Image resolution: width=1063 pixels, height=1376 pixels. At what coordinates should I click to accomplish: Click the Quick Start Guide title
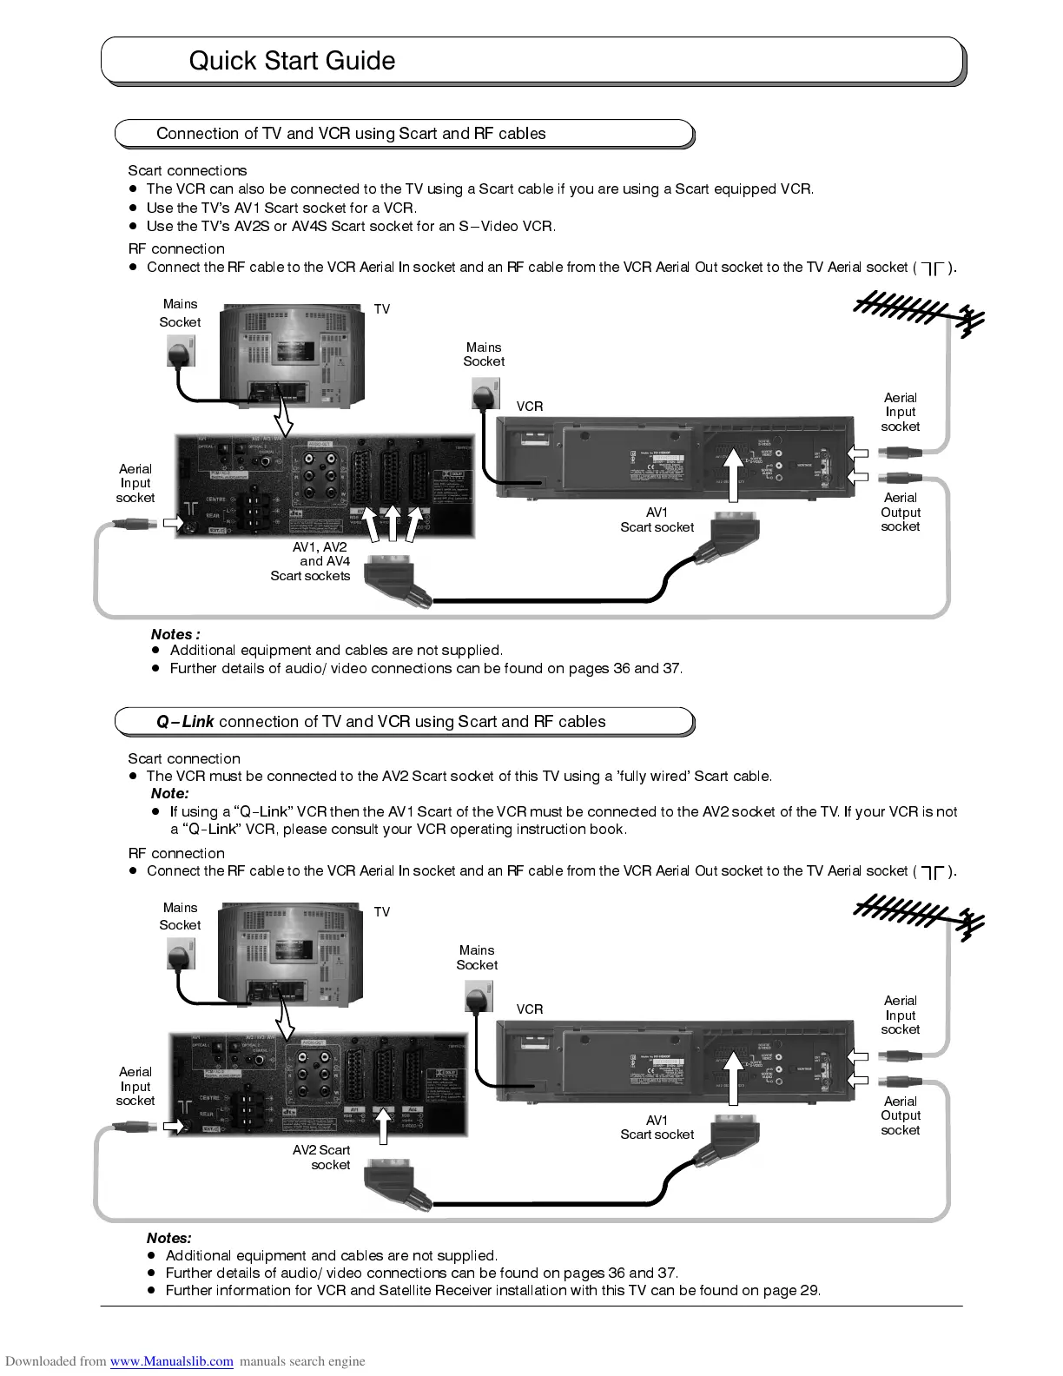click(x=292, y=61)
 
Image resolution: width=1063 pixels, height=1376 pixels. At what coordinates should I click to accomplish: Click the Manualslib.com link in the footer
click(x=171, y=1361)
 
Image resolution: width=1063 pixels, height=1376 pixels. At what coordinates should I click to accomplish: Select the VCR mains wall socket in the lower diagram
click(x=479, y=996)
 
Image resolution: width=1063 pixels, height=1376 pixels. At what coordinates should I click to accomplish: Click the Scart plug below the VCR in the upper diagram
click(x=735, y=534)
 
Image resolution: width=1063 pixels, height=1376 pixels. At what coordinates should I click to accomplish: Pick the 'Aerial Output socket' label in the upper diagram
click(x=901, y=512)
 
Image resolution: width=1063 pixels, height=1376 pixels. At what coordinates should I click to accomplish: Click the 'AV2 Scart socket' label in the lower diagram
click(x=322, y=1157)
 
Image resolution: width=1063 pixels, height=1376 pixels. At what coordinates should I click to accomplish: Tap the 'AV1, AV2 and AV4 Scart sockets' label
click(x=312, y=561)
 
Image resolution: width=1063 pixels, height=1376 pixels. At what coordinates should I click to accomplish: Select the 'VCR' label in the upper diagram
click(x=530, y=406)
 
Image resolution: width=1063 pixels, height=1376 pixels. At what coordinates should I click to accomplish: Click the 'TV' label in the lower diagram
click(x=382, y=912)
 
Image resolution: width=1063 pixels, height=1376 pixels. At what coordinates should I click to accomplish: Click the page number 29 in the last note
click(x=809, y=1290)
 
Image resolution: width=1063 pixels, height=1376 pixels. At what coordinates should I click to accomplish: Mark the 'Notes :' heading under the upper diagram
click(x=175, y=634)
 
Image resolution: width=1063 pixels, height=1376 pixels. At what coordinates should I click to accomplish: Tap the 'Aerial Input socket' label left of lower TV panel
click(x=135, y=1086)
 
